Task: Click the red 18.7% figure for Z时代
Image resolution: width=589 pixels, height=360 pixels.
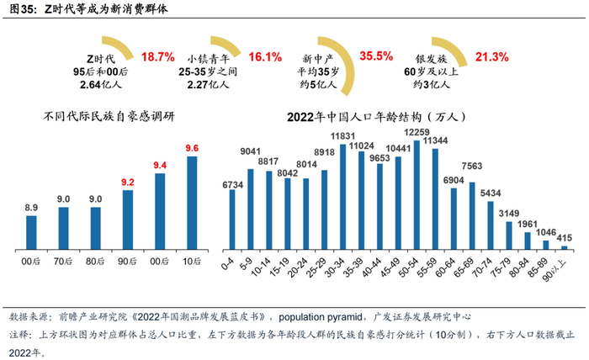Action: point(158,57)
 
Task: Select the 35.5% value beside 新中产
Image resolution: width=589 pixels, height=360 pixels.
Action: point(376,56)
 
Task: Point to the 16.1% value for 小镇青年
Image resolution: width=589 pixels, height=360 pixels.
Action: point(265,57)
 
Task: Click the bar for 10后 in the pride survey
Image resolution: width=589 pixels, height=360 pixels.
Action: point(193,203)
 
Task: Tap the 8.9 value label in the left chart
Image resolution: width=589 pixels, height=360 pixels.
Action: point(31,207)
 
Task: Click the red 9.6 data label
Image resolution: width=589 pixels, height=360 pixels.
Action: point(193,148)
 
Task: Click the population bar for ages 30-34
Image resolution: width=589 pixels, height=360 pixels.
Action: point(344,198)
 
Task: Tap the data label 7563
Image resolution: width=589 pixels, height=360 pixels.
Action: point(472,166)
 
